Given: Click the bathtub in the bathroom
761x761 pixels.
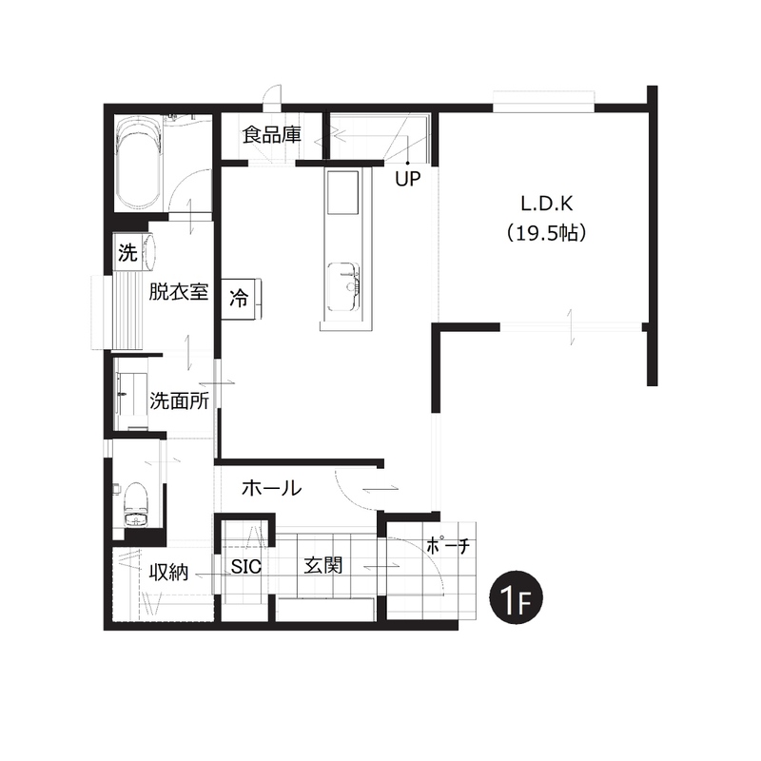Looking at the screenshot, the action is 138,164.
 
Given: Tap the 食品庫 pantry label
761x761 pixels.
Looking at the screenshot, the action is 272,134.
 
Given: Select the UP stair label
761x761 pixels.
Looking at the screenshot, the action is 407,179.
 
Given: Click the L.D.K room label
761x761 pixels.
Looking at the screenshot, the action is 546,204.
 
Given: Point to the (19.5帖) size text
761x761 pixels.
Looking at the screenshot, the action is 546,233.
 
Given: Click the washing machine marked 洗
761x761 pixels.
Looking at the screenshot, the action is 128,252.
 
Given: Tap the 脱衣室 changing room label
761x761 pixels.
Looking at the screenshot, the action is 178,292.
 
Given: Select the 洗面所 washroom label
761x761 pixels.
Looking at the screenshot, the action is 179,400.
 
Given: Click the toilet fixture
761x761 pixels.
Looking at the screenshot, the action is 135,504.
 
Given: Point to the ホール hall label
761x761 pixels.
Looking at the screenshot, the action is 272,488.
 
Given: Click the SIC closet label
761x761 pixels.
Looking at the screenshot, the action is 245,566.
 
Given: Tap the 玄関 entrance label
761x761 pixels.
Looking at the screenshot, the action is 322,565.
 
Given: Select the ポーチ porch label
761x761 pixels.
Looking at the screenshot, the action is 447,546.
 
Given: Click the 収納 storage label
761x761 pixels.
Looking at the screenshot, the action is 168,573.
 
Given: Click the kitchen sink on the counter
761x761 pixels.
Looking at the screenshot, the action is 343,287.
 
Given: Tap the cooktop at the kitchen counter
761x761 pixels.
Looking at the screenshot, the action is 343,192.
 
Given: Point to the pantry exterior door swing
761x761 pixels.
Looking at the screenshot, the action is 272,95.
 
